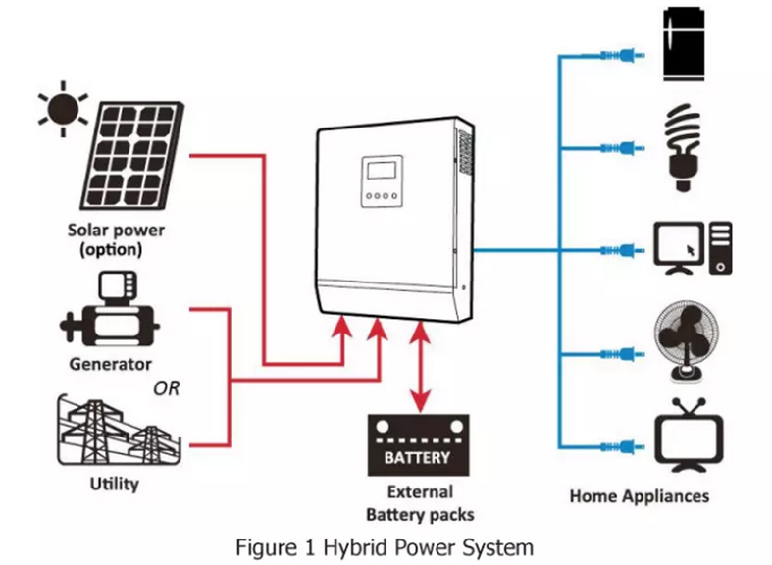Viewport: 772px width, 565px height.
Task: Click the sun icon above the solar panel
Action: coord(63,109)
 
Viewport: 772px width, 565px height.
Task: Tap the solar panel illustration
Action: coord(132,156)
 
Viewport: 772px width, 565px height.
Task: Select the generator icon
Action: coord(109,309)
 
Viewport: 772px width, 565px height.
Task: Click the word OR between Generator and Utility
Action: coord(167,388)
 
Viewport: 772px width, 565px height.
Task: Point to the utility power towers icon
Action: coord(118,431)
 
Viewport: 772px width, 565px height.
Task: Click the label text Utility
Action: coord(114,484)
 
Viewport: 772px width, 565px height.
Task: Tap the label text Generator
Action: coord(110,364)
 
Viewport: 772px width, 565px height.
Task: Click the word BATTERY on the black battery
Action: coord(417,458)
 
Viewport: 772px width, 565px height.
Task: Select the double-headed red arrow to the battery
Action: coord(420,367)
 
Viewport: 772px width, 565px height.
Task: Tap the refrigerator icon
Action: coord(684,44)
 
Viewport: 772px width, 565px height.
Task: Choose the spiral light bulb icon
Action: coord(683,147)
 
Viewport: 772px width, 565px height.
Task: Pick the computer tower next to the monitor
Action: coord(720,248)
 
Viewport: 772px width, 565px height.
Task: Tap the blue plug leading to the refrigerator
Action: coord(622,55)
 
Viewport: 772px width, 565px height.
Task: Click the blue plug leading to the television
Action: coord(622,447)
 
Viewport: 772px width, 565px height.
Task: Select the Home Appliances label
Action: coord(640,496)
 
